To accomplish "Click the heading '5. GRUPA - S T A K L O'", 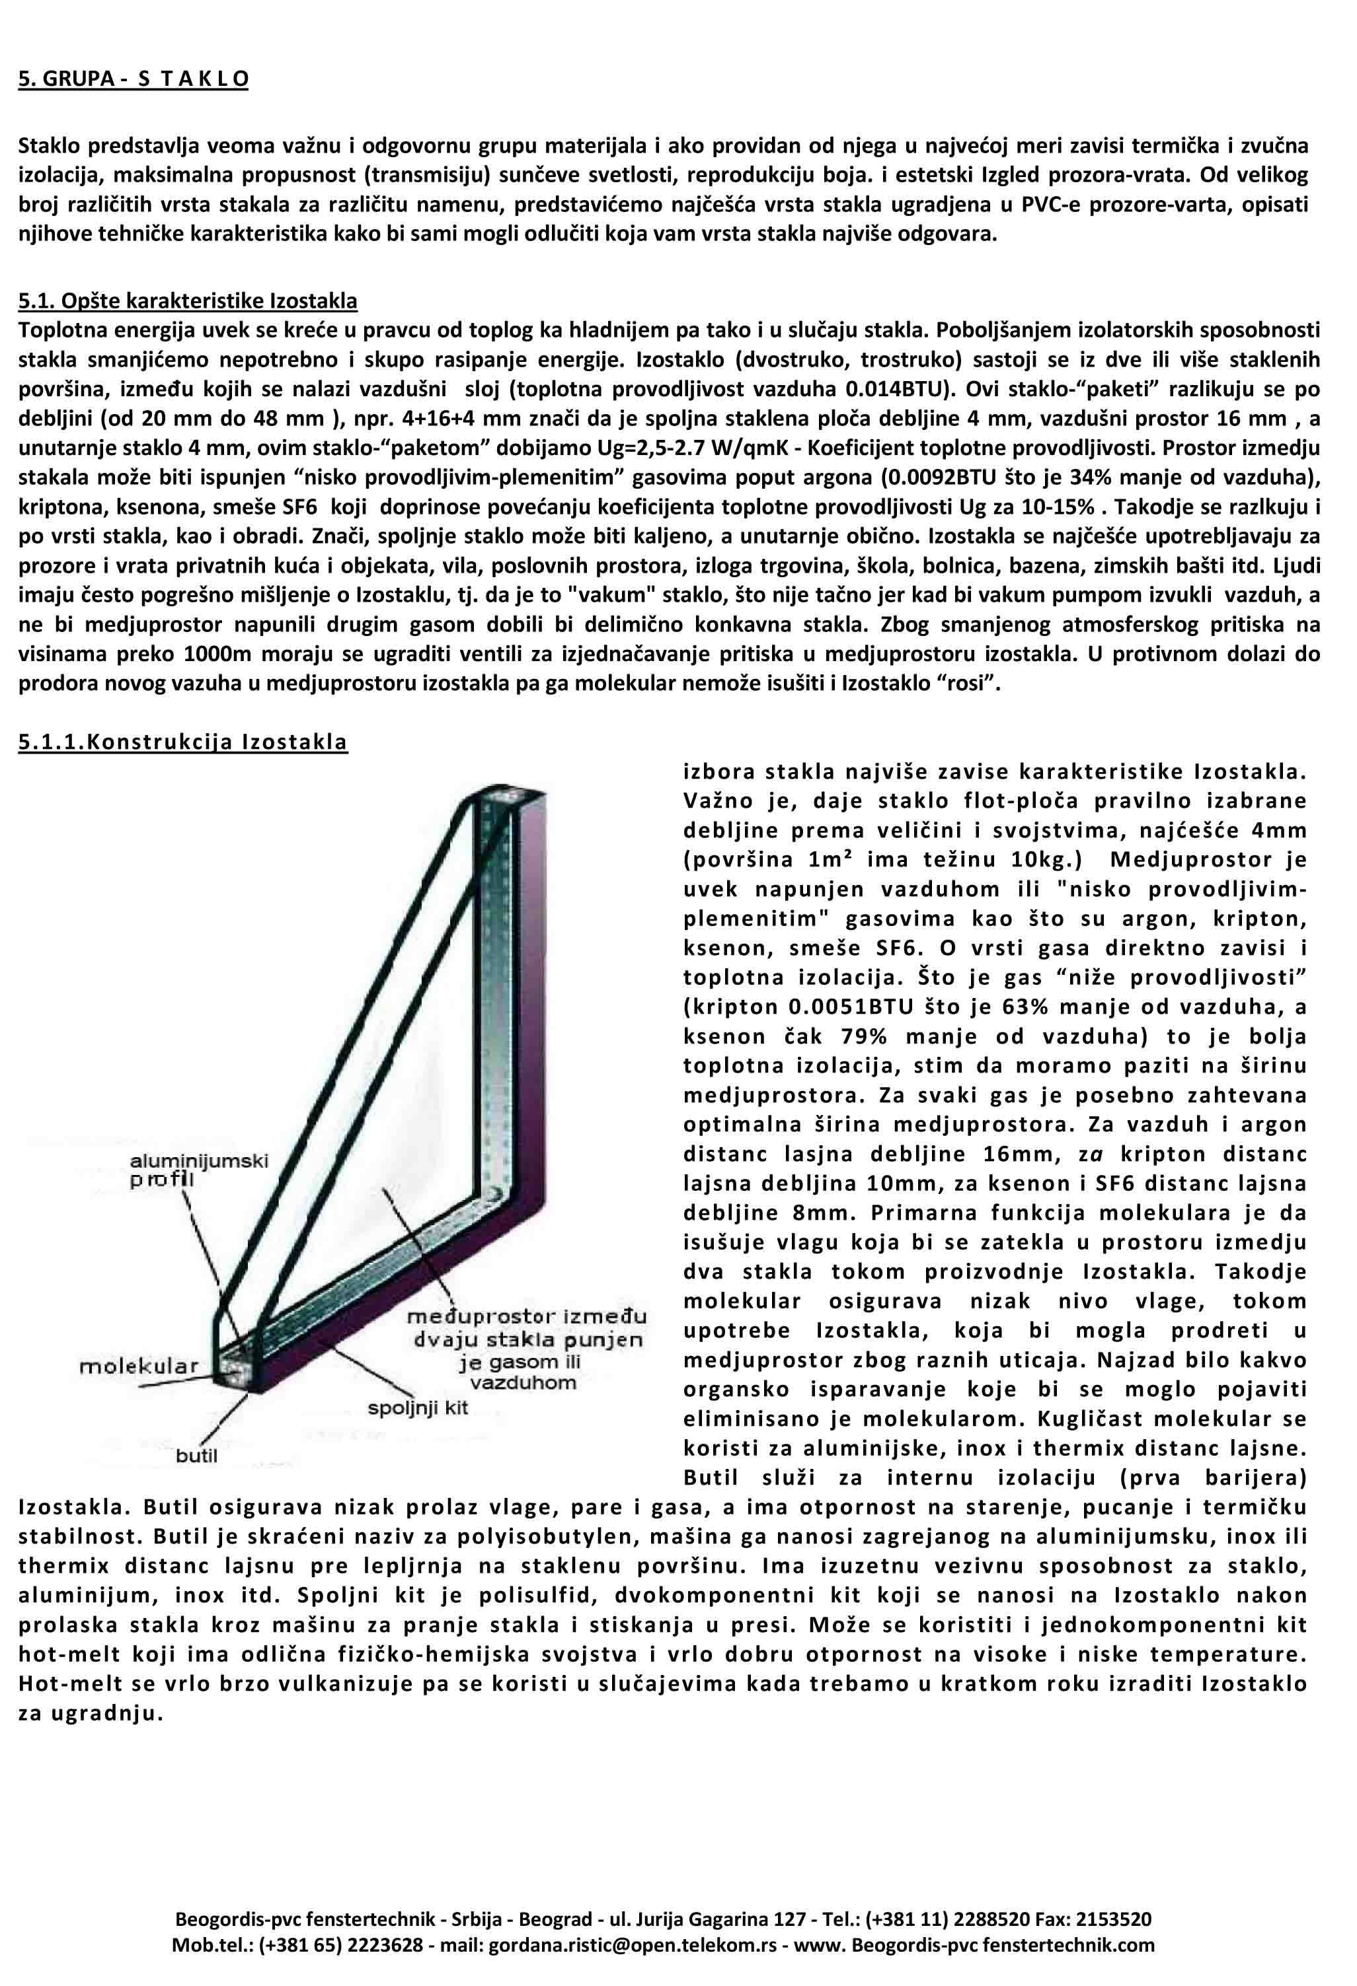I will (x=134, y=79).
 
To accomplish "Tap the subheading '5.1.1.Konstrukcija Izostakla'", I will (x=183, y=741).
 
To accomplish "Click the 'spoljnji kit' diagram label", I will (x=418, y=1407).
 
